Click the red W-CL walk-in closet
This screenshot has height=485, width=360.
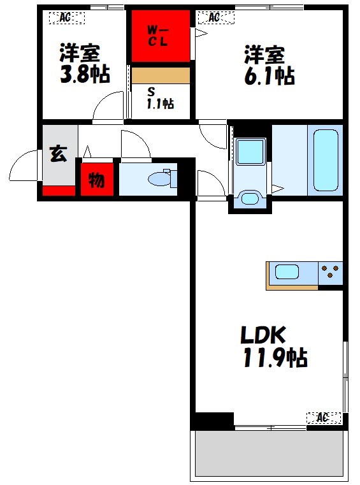click(x=161, y=36)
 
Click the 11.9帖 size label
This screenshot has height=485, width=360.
click(x=275, y=358)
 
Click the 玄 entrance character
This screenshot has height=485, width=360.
click(x=59, y=154)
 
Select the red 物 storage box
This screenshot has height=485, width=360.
click(x=96, y=180)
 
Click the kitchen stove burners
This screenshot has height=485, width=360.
click(x=330, y=273)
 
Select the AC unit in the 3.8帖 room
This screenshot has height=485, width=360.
click(x=66, y=18)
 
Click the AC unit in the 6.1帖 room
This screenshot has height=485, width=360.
click(x=215, y=18)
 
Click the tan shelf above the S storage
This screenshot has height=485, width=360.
click(x=161, y=75)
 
